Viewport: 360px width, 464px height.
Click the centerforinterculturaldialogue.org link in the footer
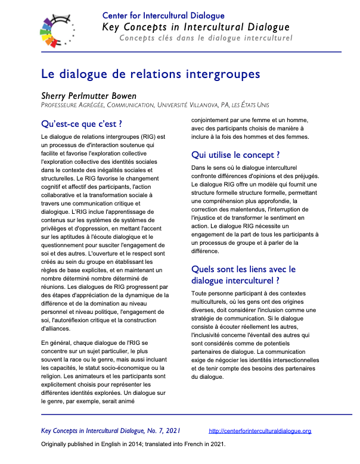[x=260, y=431]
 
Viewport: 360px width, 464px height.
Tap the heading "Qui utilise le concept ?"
[x=235, y=155]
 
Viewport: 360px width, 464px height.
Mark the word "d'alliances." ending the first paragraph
[x=56, y=328]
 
